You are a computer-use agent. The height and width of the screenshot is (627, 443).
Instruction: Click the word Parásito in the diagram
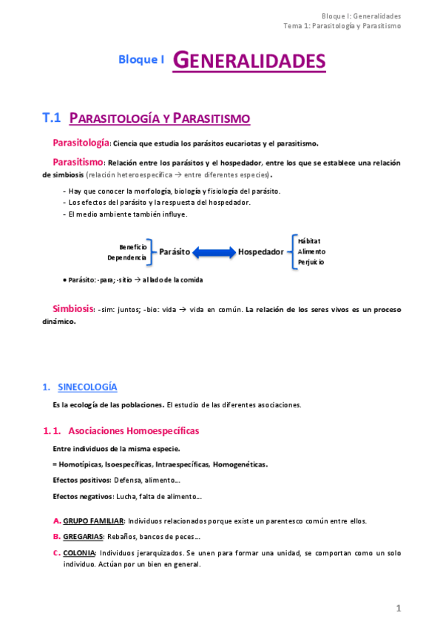[175, 251]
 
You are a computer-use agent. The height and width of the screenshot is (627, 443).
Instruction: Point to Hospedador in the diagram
[260, 251]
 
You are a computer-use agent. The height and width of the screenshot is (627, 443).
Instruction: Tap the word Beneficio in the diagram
[133, 246]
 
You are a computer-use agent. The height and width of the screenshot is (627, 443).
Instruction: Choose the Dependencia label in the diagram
[126, 257]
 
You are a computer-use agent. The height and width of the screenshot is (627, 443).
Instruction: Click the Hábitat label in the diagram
[309, 240]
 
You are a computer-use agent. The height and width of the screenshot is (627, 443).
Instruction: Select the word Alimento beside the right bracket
[311, 251]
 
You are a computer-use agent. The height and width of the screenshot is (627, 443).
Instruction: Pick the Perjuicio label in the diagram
[311, 262]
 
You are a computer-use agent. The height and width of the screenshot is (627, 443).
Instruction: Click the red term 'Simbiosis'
[72, 308]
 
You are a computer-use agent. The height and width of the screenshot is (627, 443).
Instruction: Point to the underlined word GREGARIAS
[83, 536]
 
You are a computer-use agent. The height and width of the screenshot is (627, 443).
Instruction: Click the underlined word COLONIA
[79, 552]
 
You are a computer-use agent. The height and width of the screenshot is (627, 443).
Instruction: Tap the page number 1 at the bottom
[398, 608]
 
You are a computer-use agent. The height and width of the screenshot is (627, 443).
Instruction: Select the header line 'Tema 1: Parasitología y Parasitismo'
[342, 26]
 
